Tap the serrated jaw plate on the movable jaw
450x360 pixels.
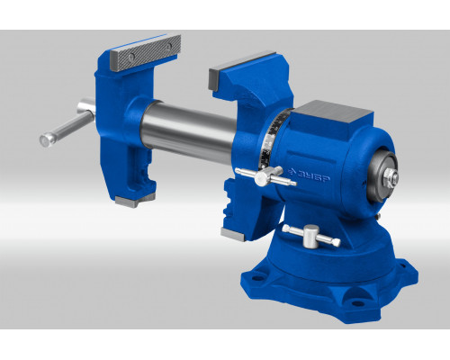coord(146,51)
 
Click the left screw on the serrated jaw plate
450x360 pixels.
coord(131,57)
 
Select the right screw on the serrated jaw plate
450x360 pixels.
coord(169,46)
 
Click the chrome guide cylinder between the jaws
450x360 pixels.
coord(188,131)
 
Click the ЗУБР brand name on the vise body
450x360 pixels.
coord(313,176)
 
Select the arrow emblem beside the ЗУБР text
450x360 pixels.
coord(292,172)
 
